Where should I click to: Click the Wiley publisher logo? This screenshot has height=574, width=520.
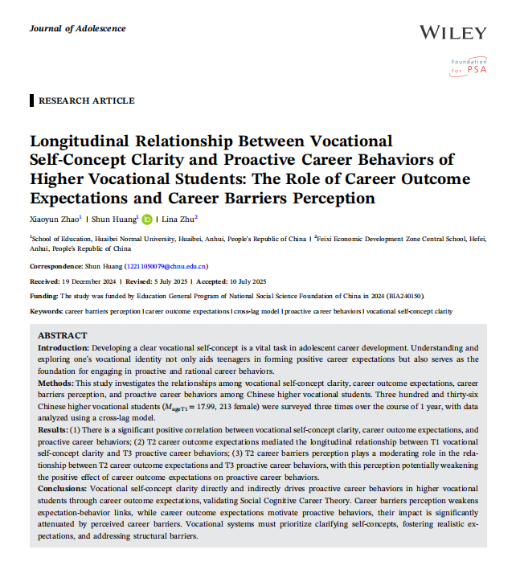pos(452,33)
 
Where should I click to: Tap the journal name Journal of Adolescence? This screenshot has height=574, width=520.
pos(77,28)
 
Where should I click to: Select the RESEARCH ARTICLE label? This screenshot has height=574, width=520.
pos(86,100)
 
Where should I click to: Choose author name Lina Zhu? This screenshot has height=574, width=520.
pos(179,219)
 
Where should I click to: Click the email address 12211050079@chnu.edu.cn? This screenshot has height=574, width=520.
pos(166,266)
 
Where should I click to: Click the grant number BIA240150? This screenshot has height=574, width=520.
pos(403,296)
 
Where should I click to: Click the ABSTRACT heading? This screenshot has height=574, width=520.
pos(63,335)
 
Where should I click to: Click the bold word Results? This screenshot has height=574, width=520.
pos(55,431)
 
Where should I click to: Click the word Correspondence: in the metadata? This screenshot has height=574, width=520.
pos(57,266)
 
